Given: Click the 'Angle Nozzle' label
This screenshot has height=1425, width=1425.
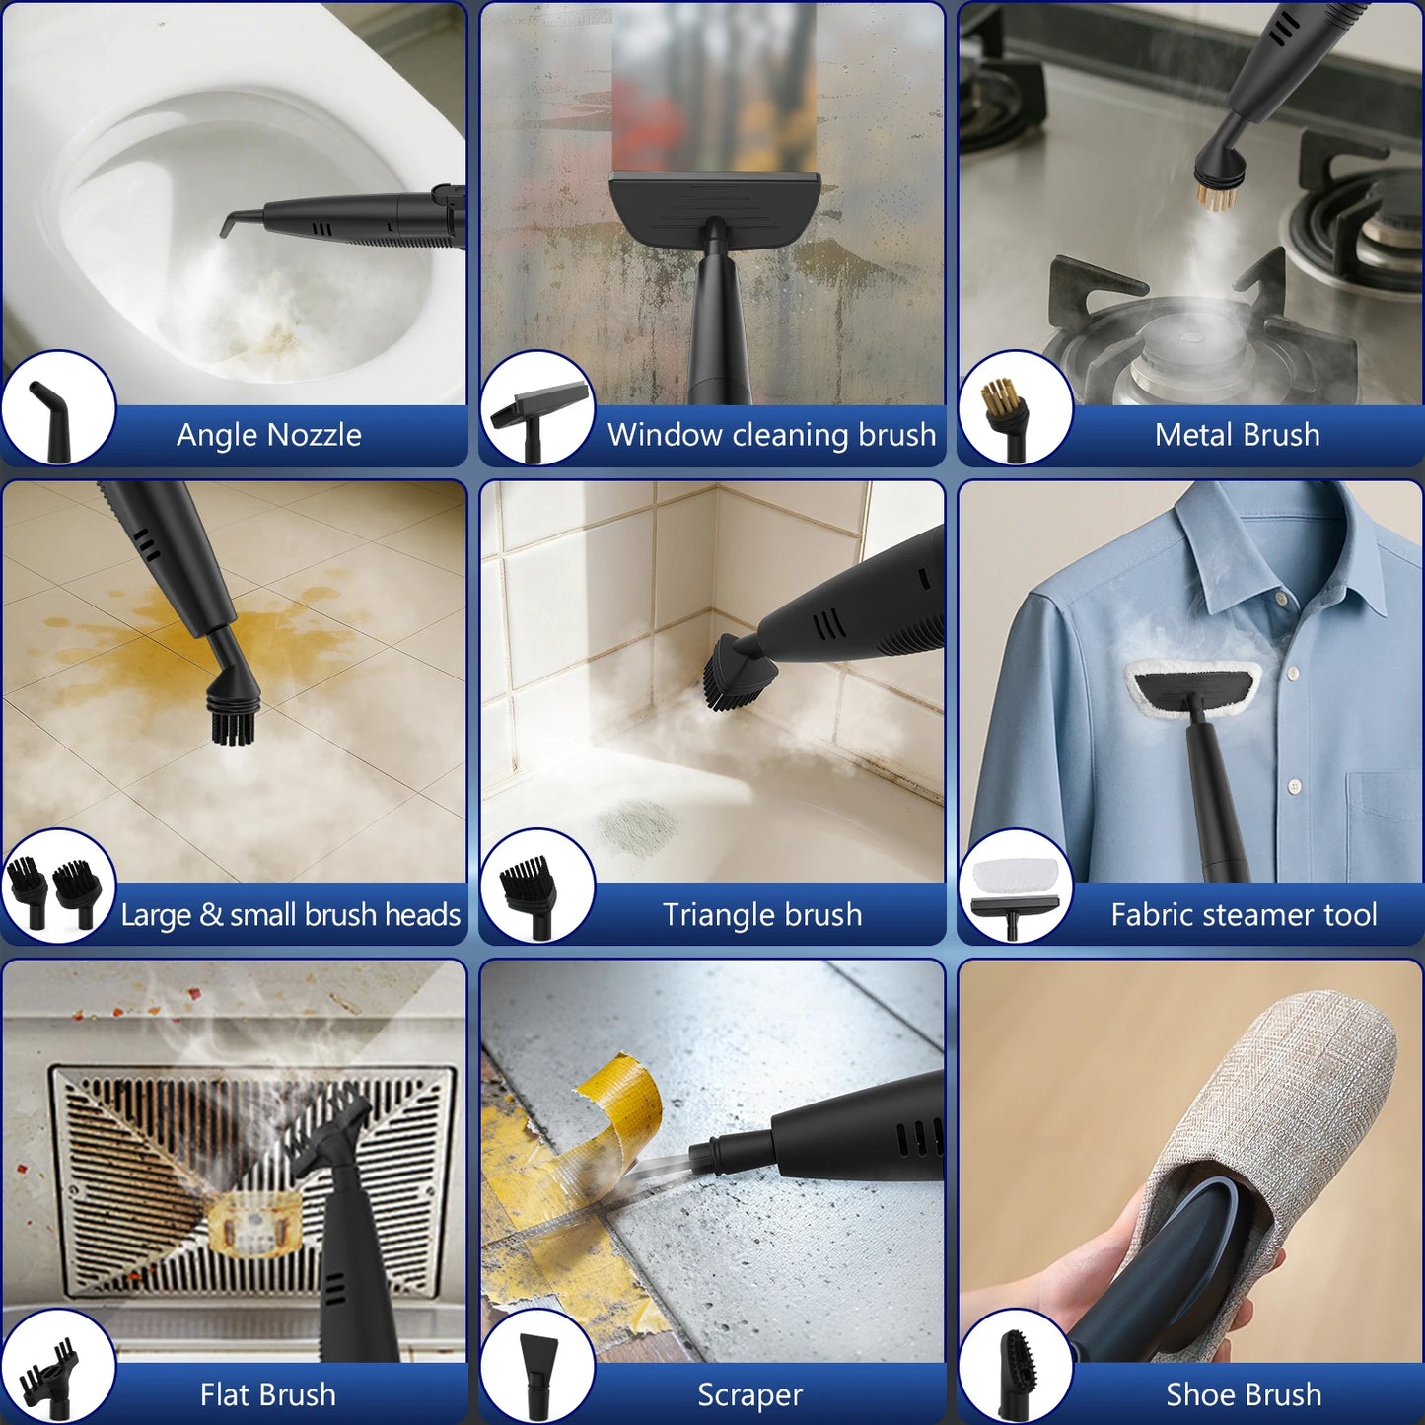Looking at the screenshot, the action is tap(269, 435).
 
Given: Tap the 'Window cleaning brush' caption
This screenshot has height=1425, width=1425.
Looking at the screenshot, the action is tap(772, 435).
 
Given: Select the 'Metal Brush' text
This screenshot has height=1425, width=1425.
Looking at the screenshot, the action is tap(1238, 435).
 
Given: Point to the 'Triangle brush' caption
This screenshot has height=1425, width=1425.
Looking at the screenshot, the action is tap(762, 915).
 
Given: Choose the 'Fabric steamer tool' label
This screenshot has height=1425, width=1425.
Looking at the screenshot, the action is tap(1244, 915).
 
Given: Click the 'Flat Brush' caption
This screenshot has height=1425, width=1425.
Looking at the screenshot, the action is tap(267, 1394).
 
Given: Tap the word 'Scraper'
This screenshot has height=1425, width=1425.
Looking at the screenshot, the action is tap(749, 1395).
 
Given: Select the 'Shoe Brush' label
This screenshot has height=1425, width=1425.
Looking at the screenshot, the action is tap(1244, 1394).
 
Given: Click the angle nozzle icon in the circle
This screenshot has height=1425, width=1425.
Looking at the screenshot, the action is tap(48, 421).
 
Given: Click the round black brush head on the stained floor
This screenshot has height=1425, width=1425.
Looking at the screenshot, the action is tap(234, 711).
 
